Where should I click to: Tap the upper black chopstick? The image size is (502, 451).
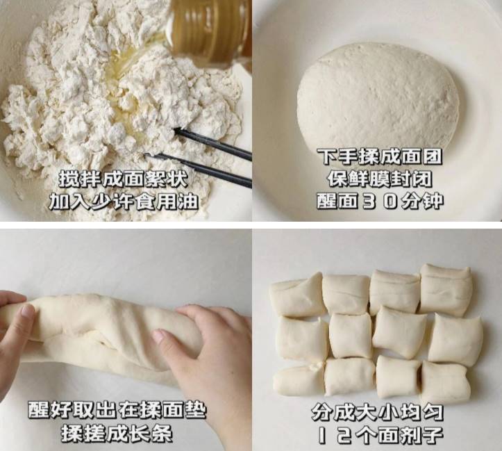(212, 144)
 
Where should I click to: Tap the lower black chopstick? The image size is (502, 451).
(199, 170)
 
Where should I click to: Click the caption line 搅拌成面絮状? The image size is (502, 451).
(124, 180)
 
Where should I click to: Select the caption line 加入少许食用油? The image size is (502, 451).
(124, 202)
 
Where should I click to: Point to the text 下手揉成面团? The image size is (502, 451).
(380, 156)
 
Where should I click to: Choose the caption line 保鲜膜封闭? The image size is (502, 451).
(380, 179)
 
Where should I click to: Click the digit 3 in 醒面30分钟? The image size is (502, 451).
(369, 201)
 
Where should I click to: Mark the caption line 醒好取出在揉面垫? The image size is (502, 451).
(117, 410)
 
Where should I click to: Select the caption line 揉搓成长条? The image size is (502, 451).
(117, 434)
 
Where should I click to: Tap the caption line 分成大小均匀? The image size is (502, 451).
(378, 412)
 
